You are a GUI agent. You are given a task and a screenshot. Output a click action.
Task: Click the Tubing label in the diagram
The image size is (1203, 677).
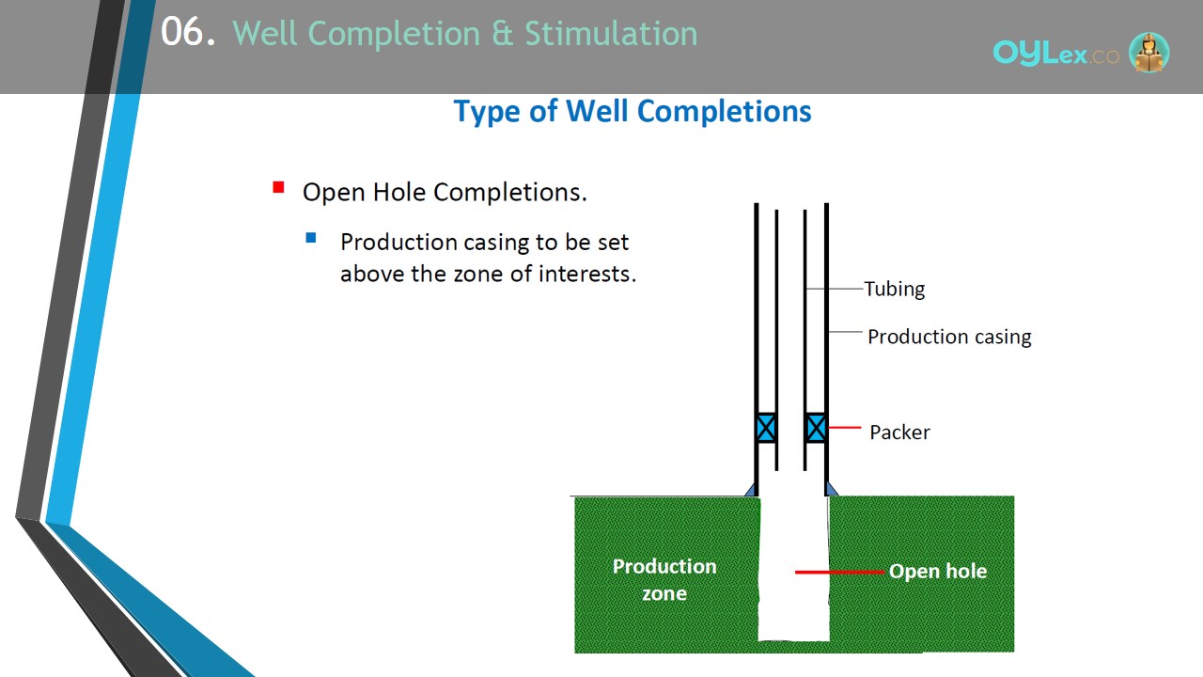point(895,289)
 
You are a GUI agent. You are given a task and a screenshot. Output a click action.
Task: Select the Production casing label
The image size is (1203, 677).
point(949,337)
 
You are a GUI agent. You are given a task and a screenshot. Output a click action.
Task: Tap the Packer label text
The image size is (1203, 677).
point(899,432)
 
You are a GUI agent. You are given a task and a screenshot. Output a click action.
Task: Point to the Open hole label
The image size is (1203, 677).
point(938,571)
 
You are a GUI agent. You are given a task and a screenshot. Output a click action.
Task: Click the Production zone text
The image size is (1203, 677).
point(664,580)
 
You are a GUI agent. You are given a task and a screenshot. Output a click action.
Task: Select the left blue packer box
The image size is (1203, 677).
point(766,428)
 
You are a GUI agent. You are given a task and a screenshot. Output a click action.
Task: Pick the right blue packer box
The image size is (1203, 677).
point(816,428)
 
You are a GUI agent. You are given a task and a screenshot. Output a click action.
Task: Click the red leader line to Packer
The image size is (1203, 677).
point(845,428)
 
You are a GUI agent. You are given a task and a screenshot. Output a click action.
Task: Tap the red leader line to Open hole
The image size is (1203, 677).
point(840,573)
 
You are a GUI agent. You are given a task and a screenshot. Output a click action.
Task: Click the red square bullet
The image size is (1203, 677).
point(278,187)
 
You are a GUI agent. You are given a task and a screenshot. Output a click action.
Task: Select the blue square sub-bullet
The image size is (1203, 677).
point(310,238)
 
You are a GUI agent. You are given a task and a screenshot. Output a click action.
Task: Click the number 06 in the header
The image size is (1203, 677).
point(182,32)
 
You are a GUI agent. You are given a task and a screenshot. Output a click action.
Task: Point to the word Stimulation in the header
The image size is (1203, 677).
point(611,33)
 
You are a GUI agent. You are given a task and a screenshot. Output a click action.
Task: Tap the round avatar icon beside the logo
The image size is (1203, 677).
point(1148,53)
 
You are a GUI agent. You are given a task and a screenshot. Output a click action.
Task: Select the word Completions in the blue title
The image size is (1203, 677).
point(724,112)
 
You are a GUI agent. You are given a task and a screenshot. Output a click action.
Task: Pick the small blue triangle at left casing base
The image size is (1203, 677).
point(751,489)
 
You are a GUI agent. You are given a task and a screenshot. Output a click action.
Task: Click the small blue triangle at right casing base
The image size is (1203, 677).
point(832,489)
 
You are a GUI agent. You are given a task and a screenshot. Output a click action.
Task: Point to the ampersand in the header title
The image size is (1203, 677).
point(503,33)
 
